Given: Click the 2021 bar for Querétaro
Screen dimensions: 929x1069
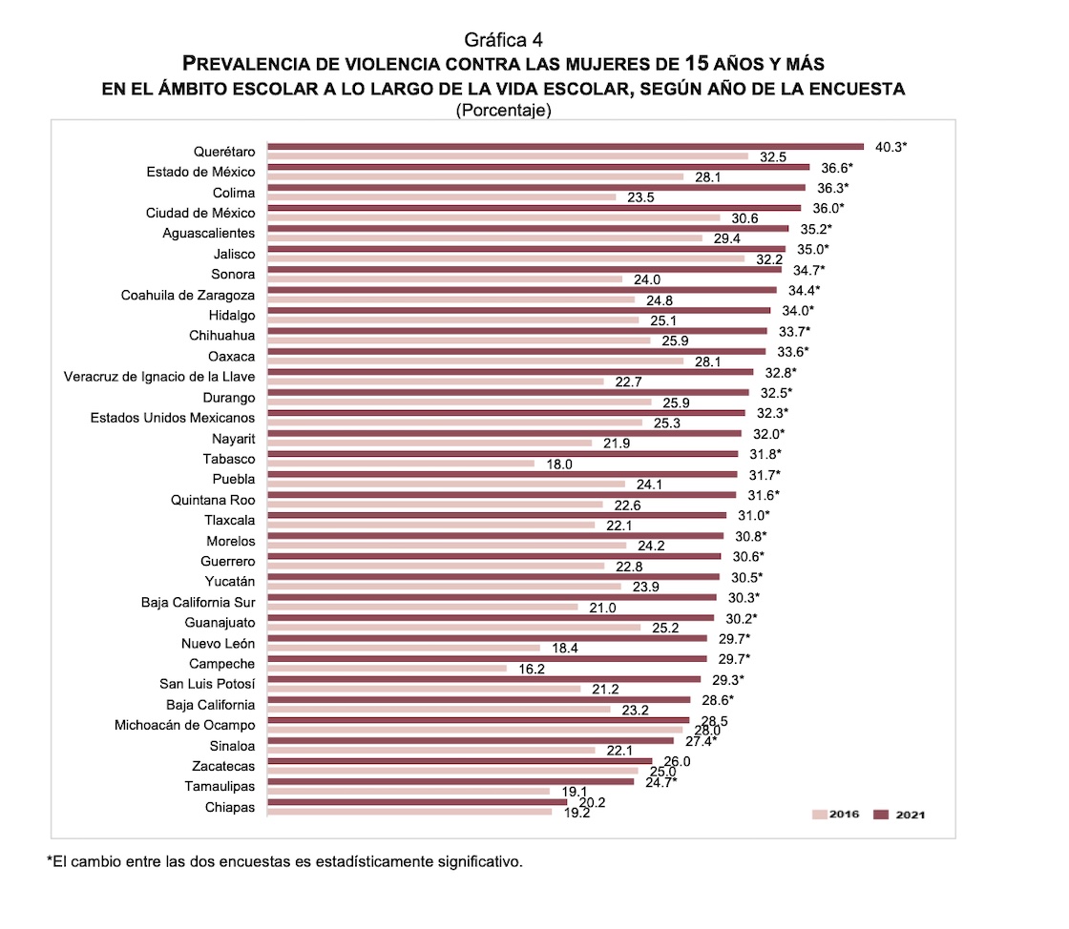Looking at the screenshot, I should coord(565,147).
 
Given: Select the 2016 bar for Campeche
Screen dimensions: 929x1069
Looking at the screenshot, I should coord(387,668).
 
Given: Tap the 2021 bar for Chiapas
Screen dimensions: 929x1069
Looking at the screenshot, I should coord(417,802).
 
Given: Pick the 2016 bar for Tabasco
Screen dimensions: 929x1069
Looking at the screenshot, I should coord(400,464).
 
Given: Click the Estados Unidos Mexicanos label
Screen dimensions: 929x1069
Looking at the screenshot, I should coord(173,418).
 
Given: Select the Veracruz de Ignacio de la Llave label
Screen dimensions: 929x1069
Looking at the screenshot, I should coord(159,376).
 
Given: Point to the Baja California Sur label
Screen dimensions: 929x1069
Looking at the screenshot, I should coord(198,602).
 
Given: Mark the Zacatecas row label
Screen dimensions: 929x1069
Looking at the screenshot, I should coord(223,766).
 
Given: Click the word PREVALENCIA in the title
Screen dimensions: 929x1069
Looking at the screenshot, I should coord(245,65).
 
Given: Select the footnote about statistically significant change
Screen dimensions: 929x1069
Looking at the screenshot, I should coord(285,861).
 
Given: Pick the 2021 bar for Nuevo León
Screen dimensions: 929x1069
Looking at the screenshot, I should coord(487,638).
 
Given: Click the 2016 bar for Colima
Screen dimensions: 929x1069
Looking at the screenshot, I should coord(442,197).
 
